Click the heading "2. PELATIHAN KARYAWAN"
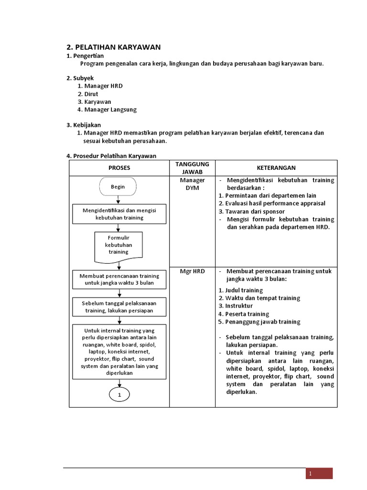pyautogui.click(x=113, y=47)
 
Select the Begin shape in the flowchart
pyautogui.click(x=118, y=187)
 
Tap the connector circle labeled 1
pyautogui.click(x=119, y=395)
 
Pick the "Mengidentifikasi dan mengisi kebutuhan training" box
pyautogui.click(x=119, y=214)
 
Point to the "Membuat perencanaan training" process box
pyautogui.click(x=119, y=279)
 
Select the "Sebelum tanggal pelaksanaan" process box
pyautogui.click(x=119, y=307)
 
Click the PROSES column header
pyautogui.click(x=119, y=168)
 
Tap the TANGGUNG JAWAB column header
pyautogui.click(x=192, y=168)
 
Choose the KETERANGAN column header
pyautogui.click(x=276, y=168)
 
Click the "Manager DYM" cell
pyautogui.click(x=192, y=184)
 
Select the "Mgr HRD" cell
pyautogui.click(x=192, y=271)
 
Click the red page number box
pyautogui.click(x=319, y=473)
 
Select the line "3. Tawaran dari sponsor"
pyautogui.click(x=251, y=212)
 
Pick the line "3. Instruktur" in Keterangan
pyautogui.click(x=236, y=306)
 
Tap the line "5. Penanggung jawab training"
pyautogui.click(x=259, y=322)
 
